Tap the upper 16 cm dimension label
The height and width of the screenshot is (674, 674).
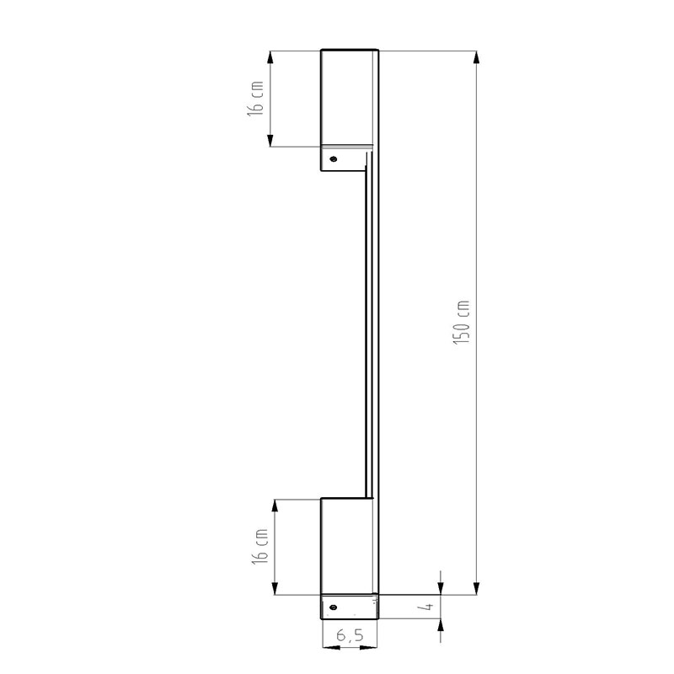[x=255, y=99]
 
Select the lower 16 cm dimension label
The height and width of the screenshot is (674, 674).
[x=260, y=546]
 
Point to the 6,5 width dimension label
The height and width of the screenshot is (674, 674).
[x=350, y=634]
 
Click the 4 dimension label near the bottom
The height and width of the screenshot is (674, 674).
[x=428, y=607]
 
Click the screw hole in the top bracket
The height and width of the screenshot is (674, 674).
[x=333, y=159]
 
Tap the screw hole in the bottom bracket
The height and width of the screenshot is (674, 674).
[x=333, y=607]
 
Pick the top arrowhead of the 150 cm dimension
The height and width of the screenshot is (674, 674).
[x=476, y=57]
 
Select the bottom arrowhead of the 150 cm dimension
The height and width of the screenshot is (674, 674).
[x=476, y=588]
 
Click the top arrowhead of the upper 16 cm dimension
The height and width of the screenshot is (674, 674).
[x=270, y=57]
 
